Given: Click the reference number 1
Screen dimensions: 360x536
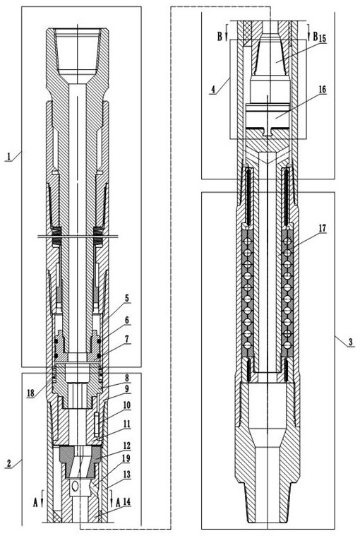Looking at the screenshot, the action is (9, 157).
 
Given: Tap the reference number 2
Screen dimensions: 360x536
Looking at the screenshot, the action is (9, 464).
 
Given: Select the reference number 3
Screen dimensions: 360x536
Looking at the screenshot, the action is (350, 342).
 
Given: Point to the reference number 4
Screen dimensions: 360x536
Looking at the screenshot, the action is (213, 90).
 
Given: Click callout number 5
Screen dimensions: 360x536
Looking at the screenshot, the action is (127, 298).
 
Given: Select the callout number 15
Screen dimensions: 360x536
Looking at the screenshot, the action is (322, 38).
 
